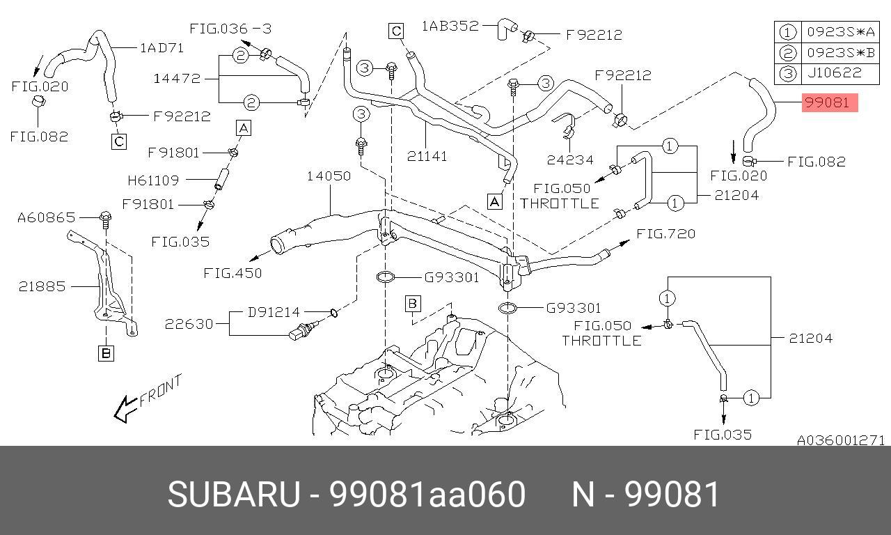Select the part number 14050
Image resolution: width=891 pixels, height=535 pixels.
tap(329, 176)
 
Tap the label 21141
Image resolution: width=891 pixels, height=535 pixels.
tap(427, 156)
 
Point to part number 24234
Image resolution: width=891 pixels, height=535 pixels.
tap(570, 160)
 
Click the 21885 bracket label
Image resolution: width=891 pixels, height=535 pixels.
tap(42, 286)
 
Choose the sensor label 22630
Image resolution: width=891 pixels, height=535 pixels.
tap(188, 324)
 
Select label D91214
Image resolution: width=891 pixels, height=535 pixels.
tap(275, 312)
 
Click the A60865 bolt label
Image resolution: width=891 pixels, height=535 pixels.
tap(46, 218)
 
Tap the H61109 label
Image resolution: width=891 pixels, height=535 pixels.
tap(152, 180)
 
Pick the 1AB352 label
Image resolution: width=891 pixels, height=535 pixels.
tap(450, 26)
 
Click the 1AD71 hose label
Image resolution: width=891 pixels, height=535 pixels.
tap(161, 47)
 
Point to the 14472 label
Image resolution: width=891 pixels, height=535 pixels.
tap(177, 79)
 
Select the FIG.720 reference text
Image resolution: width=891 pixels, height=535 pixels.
tap(666, 233)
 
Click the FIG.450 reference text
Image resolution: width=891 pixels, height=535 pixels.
tap(232, 273)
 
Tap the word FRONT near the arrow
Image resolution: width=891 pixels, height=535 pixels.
tap(160, 391)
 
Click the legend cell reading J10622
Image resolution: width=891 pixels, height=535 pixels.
tap(834, 72)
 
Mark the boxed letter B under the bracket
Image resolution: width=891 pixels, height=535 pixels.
tap(106, 354)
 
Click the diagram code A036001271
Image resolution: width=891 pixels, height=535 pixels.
tap(840, 440)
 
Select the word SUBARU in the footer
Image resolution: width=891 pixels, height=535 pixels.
tap(233, 495)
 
